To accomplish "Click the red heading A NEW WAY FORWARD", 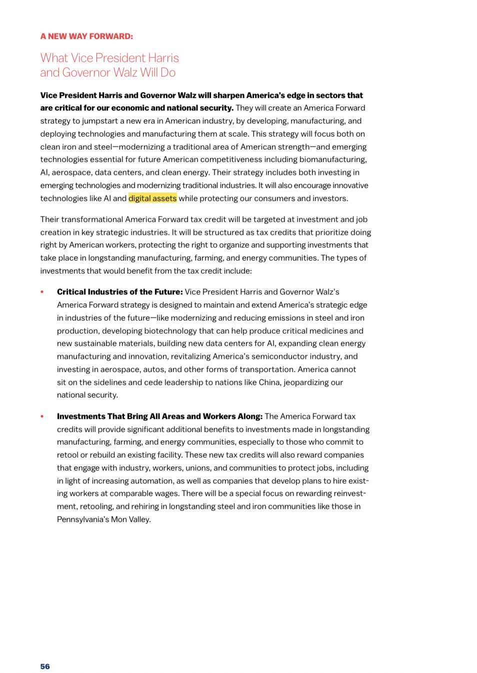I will coord(86,36).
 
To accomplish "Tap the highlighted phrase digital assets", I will coord(152,198).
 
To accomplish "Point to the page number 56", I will coord(45,666).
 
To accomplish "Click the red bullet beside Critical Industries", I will coord(42,292).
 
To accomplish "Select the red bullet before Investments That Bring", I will coord(42,416).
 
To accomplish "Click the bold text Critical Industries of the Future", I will coord(119,291).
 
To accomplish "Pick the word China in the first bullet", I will coord(269,382).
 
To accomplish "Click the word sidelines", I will coord(109,382).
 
